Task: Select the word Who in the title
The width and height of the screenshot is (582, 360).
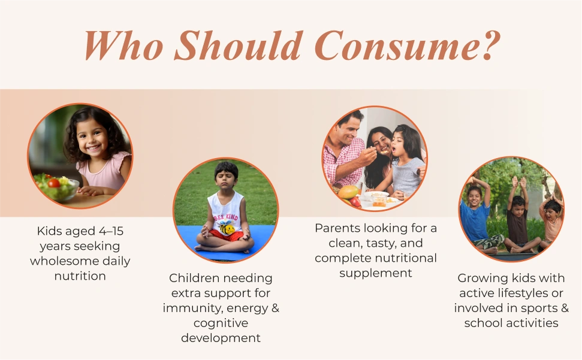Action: coord(123,46)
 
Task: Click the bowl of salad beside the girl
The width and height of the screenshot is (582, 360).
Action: coord(57,187)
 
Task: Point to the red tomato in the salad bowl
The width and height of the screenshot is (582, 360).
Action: coord(54,183)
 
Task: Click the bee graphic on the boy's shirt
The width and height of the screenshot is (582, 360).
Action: coord(227,227)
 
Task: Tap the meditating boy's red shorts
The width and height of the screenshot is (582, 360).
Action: coord(226,235)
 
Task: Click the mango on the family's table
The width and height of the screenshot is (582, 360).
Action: coord(348,192)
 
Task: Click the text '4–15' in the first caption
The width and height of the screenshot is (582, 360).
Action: coord(111,231)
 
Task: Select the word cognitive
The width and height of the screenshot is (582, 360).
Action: coord(221,323)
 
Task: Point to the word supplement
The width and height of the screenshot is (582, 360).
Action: coord(376,274)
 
